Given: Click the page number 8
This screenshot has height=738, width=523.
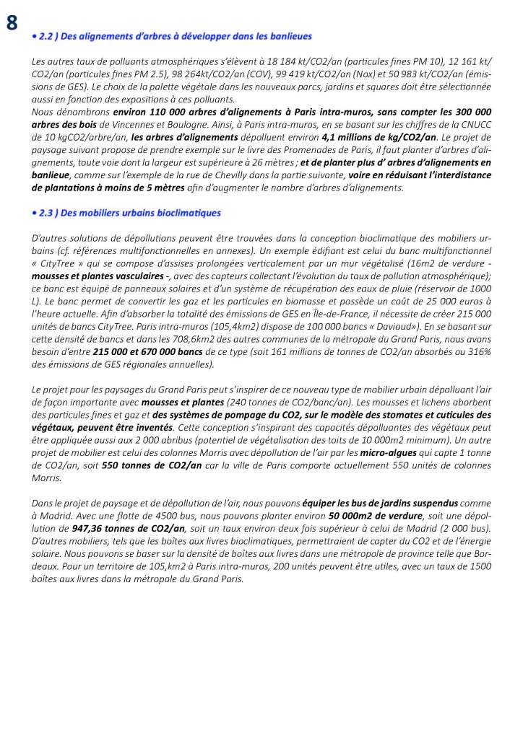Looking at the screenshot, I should tap(12, 22).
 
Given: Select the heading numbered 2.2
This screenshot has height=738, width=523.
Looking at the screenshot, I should tap(173, 35).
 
